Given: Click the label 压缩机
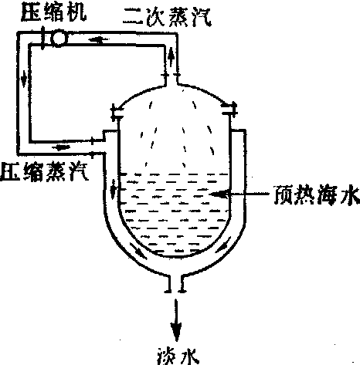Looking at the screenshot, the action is (53, 13).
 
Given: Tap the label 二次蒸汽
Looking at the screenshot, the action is (167, 17).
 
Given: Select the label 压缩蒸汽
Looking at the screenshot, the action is (45, 171).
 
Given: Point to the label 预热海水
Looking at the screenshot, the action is (316, 194).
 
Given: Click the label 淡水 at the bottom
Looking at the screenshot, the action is (178, 357).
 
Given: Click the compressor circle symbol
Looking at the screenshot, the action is (59, 39).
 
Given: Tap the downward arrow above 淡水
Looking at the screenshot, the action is (176, 319).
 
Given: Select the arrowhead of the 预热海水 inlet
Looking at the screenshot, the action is (219, 194).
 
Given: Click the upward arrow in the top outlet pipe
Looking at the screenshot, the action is (171, 56).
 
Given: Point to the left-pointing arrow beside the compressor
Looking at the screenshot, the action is (98, 39).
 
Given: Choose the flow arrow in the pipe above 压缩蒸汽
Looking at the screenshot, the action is (61, 147).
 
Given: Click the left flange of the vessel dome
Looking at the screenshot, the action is (115, 113).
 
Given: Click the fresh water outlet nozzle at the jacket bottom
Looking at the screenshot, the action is (176, 284).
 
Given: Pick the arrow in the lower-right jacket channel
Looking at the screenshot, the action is (222, 245).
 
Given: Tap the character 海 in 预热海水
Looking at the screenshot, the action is (326, 195).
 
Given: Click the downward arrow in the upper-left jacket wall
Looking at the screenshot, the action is (114, 190).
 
